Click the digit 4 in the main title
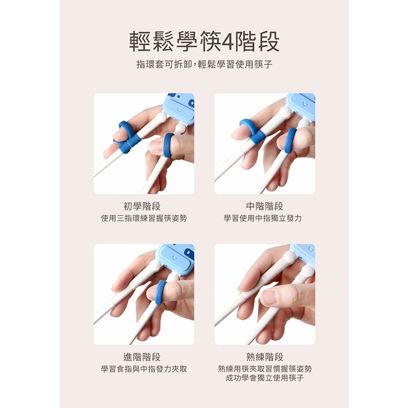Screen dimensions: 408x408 (x=228, y=41)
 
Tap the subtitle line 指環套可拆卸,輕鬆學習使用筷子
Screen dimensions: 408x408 (x=205, y=64)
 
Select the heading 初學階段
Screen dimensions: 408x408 (x=142, y=207)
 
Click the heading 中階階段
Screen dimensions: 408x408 (x=265, y=207)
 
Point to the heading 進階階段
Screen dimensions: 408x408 (x=142, y=357)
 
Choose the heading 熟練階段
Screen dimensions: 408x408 (x=265, y=357)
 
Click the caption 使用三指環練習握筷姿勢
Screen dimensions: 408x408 (x=144, y=218)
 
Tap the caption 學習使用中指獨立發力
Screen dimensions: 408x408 (x=263, y=218)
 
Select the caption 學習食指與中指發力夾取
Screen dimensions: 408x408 (x=144, y=368)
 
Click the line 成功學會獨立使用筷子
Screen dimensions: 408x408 (x=265, y=377)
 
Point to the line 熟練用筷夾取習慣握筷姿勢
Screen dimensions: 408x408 (x=265, y=368)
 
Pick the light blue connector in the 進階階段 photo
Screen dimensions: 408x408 (x=176, y=259)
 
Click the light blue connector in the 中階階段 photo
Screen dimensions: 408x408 (x=302, y=107)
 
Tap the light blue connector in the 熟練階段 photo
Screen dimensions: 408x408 (x=304, y=253)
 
